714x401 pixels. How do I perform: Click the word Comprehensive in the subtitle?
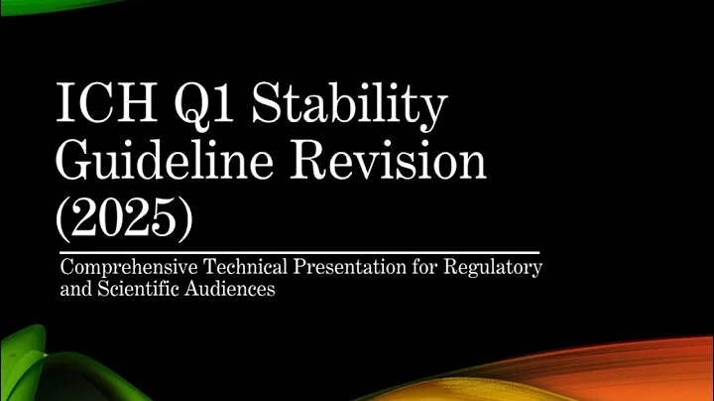[x=120, y=269]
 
